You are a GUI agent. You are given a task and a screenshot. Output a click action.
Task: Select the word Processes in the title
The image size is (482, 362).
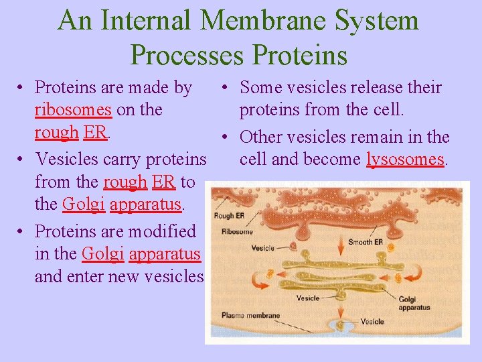187,54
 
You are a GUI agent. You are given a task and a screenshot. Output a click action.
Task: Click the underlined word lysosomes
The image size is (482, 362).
405,160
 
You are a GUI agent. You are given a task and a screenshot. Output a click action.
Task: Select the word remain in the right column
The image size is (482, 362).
376,137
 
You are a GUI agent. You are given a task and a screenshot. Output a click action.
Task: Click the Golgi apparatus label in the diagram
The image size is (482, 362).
414,303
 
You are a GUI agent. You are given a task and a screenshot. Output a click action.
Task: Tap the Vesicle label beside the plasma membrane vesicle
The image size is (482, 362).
372,322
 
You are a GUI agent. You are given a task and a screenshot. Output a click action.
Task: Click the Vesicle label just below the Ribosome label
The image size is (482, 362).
262,248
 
